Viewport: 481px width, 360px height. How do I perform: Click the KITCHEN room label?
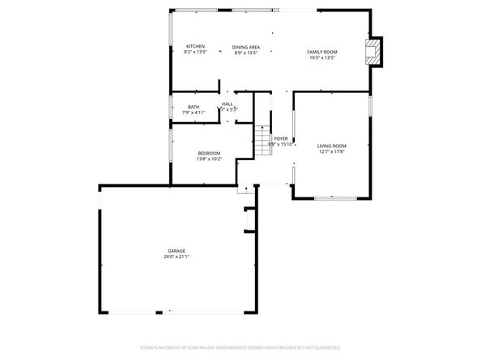(x=195, y=46)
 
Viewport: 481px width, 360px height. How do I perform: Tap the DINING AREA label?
(x=245, y=47)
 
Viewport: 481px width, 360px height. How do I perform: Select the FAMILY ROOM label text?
(x=321, y=53)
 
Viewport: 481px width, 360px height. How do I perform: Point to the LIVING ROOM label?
(x=332, y=146)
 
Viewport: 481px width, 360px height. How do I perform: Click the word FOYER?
(x=281, y=138)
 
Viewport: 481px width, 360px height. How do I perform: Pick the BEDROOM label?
(x=209, y=153)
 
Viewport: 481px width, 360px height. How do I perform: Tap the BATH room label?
(x=194, y=107)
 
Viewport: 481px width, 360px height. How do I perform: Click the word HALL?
(x=228, y=104)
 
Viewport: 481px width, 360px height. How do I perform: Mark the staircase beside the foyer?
(x=262, y=142)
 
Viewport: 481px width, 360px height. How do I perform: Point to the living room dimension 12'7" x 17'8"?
(x=332, y=151)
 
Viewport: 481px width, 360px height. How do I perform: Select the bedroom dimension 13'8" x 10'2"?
(x=209, y=159)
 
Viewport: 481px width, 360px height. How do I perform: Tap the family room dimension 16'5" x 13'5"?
(x=321, y=58)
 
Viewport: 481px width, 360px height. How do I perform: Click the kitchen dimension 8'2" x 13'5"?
(x=195, y=53)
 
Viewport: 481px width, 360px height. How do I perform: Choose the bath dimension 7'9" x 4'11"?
(x=194, y=112)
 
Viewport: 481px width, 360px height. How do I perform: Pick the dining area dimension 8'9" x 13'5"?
(x=245, y=53)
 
